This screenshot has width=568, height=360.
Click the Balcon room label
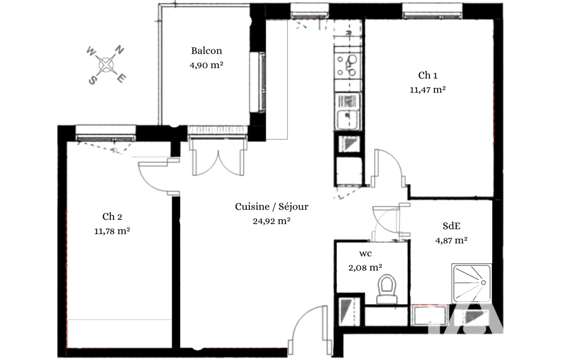click(x=207, y=51)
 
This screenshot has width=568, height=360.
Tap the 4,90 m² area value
click(x=206, y=65)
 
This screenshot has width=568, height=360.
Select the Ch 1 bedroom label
click(x=428, y=75)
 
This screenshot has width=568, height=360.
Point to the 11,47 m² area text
click(x=428, y=90)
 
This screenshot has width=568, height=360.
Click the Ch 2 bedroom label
click(x=112, y=217)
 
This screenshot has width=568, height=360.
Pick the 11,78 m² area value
click(x=112, y=231)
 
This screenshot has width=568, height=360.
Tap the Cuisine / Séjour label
click(x=272, y=207)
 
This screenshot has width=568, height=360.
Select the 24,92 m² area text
click(x=272, y=221)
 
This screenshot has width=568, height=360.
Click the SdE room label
click(x=452, y=226)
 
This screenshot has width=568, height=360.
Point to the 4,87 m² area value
click(x=452, y=240)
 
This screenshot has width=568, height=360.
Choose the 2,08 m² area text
click(x=365, y=268)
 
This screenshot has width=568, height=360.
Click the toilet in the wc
click(x=387, y=289)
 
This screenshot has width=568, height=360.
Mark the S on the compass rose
click(x=93, y=80)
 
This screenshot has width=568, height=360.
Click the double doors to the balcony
click(x=218, y=158)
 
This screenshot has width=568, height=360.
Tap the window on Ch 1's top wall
click(x=433, y=11)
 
